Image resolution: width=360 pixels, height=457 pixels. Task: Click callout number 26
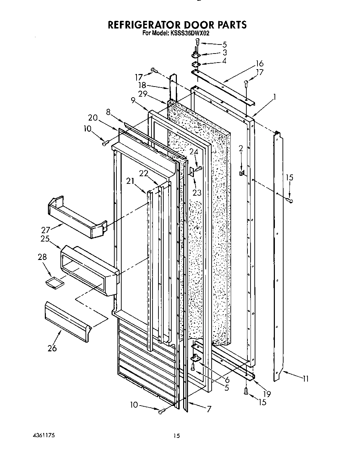[x=52, y=348]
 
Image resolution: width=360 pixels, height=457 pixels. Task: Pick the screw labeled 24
[x=199, y=169]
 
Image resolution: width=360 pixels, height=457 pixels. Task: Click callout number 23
[x=197, y=192]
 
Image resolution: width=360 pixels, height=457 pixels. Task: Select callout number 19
[x=267, y=394]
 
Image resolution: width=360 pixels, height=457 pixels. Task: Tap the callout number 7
[x=208, y=409]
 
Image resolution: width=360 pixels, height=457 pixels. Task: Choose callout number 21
[x=130, y=180]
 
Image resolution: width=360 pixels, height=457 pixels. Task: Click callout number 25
[x=44, y=239]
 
